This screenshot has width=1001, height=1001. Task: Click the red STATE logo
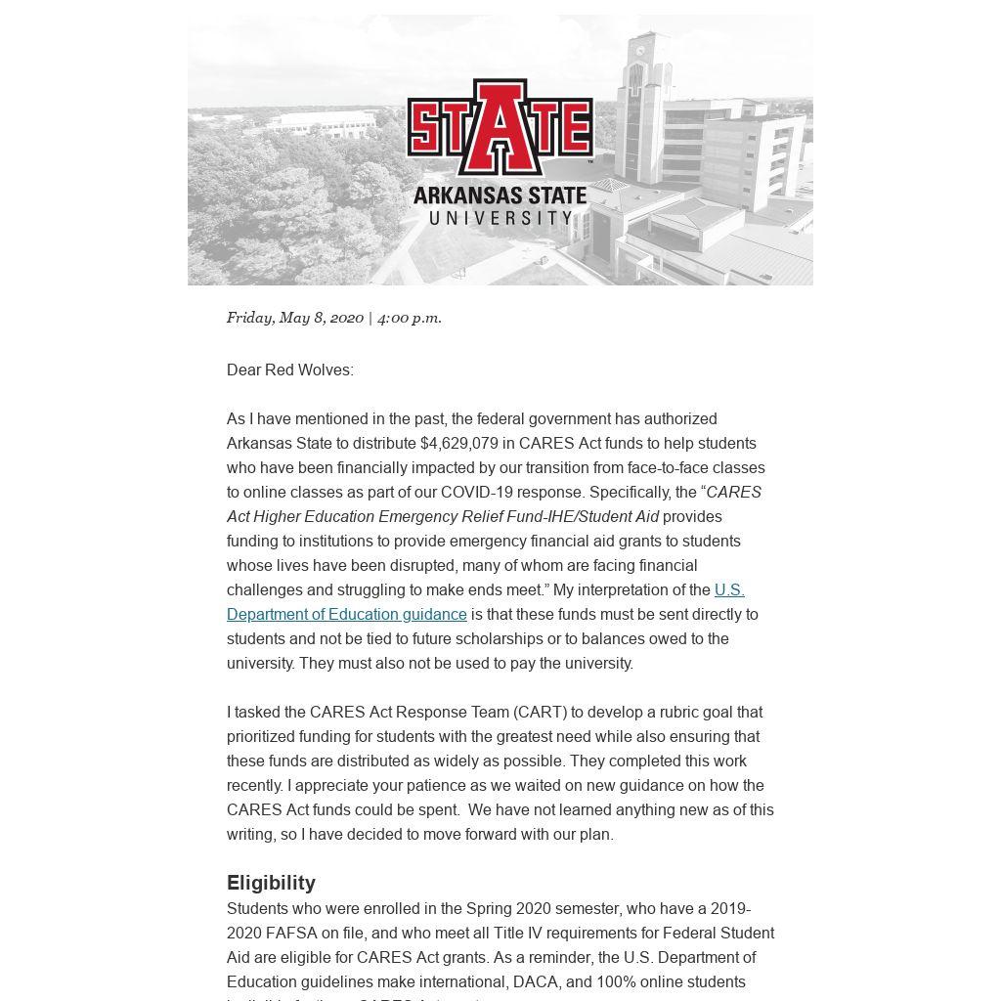pos(500,128)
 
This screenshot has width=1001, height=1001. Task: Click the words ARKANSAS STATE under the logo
pos(500,195)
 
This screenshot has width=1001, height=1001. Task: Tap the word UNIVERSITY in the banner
pos(500,217)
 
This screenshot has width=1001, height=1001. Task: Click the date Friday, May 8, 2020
pos(295,318)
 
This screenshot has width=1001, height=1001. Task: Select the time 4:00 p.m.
pos(410,318)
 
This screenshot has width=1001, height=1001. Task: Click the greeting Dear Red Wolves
pos(289,370)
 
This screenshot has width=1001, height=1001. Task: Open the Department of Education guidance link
pos(347,614)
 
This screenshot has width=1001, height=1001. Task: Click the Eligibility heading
pos(271,883)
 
